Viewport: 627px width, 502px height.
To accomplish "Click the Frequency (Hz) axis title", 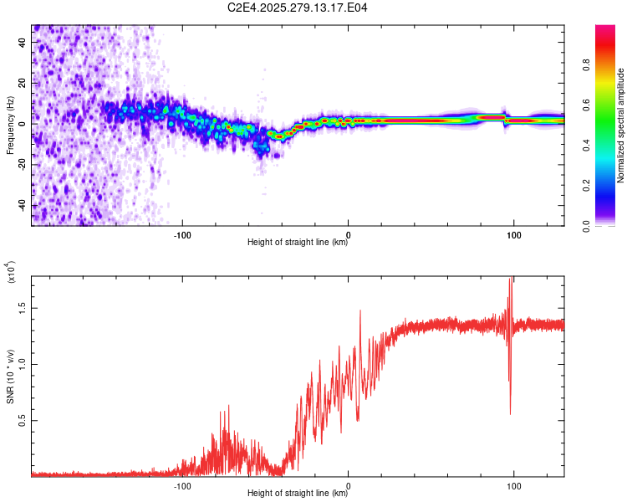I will (x=10, y=125).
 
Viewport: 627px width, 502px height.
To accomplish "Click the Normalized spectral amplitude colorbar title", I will (x=621, y=125).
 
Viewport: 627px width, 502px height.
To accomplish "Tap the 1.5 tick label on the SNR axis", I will (x=23, y=308).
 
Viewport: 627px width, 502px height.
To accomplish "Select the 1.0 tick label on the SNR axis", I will (x=23, y=363).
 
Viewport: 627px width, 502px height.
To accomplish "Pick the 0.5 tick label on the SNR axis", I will (x=23, y=419).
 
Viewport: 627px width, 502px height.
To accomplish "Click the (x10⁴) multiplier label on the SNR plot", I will (x=12, y=274).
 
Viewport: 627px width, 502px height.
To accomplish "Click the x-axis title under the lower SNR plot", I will (x=298, y=494).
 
